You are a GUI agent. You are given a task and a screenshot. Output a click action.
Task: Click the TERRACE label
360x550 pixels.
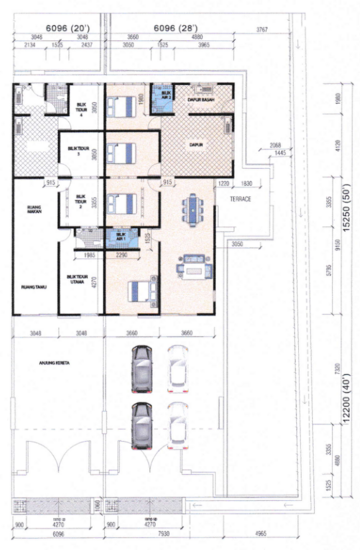[x=238, y=200]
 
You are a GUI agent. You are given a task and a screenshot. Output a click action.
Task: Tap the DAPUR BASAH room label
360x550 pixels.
[x=203, y=99]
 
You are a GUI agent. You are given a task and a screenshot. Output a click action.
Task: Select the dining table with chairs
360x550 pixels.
[x=191, y=209]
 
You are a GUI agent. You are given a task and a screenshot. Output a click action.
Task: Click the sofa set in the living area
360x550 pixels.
[x=190, y=268]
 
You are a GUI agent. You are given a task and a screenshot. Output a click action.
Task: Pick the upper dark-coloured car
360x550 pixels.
[x=141, y=367]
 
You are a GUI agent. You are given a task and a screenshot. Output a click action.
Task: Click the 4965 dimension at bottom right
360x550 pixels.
[x=260, y=537]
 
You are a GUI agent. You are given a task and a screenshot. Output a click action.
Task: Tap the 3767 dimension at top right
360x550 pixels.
[x=263, y=32]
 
